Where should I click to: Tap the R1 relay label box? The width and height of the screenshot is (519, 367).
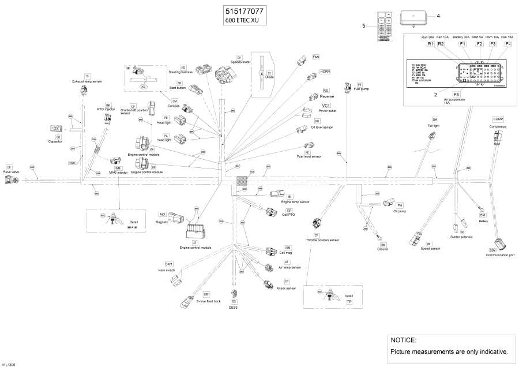tap(430, 44)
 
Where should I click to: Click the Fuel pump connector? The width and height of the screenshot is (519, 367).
tap(347, 88)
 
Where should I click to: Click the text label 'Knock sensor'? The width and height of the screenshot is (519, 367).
tap(286, 288)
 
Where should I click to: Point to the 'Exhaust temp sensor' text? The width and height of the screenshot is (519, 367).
tap(87, 82)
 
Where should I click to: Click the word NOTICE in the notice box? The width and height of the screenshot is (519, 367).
tap(403, 340)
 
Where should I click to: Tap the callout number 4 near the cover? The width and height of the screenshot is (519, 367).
tap(438, 16)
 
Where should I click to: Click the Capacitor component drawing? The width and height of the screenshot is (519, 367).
tap(57, 129)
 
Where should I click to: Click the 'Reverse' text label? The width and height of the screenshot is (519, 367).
tap(327, 97)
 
